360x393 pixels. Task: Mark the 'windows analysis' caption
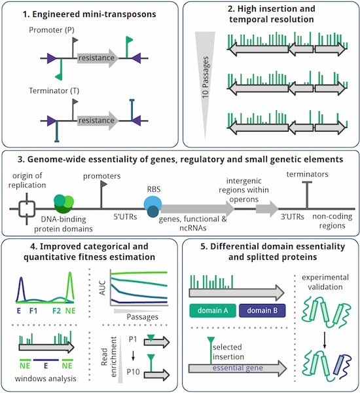coord(45,379)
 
